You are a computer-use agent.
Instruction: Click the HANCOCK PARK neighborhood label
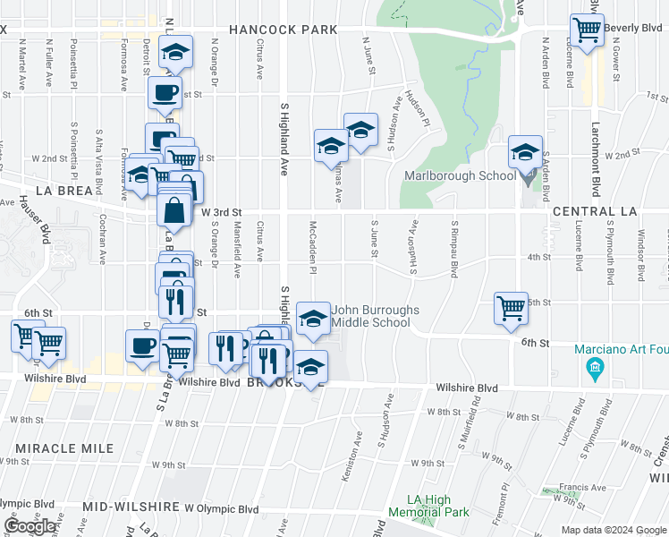point(283,30)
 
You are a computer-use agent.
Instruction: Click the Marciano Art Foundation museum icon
point(594,367)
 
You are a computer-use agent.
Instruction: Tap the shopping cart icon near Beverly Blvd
point(588,30)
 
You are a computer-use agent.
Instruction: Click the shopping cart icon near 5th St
point(511,308)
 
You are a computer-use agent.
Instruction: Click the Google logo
point(30,526)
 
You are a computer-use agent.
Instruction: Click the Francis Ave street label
point(581,488)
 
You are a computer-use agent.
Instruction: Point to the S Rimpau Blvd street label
point(454,248)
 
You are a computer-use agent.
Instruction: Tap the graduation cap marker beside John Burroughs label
point(312,320)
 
